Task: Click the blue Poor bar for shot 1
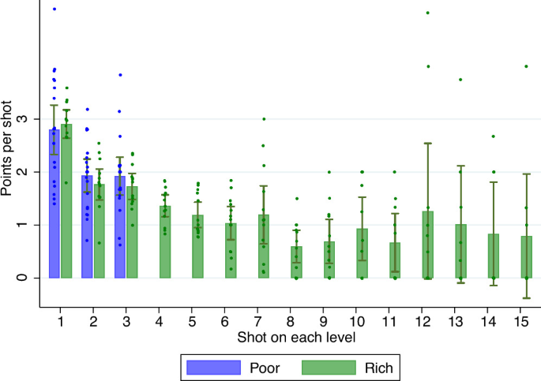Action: pos(54,204)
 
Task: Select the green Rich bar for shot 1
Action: pos(66,201)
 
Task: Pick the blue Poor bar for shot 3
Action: pos(120,227)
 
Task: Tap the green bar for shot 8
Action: pos(296,262)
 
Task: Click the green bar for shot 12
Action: pos(428,245)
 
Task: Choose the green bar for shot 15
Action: pos(527,257)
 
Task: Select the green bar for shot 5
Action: pos(197,246)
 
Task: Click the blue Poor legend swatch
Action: pos(213,368)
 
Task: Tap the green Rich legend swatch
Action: pos(329,368)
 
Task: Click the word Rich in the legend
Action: pos(379,368)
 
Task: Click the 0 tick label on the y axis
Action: pos(23,278)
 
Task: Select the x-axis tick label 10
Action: pos(357,321)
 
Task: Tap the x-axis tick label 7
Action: pos(257,321)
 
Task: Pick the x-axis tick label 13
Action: pos(456,321)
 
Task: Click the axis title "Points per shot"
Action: pos(6,148)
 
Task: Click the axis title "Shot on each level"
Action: pos(296,338)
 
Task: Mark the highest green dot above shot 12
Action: pos(428,13)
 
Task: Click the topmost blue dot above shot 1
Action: pos(54,9)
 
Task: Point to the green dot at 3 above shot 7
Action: pos(264,119)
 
